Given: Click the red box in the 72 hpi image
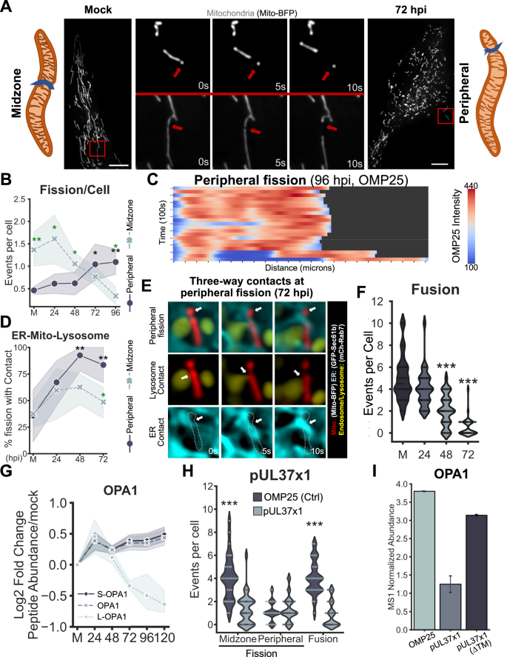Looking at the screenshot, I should click(x=448, y=118).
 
